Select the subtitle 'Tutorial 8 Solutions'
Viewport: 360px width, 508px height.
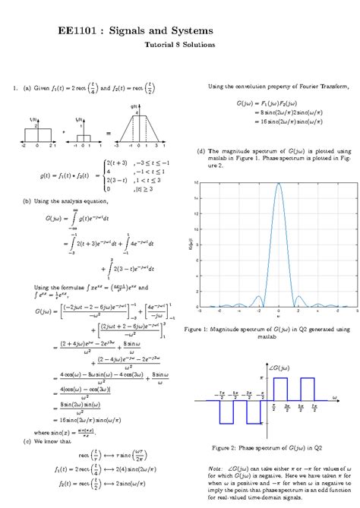point(180,45)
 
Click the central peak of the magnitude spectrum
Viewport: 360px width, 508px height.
point(278,185)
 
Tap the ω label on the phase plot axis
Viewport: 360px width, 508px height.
point(333,394)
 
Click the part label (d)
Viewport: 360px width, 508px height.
point(201,151)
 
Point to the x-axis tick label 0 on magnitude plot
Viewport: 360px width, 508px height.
point(278,311)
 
